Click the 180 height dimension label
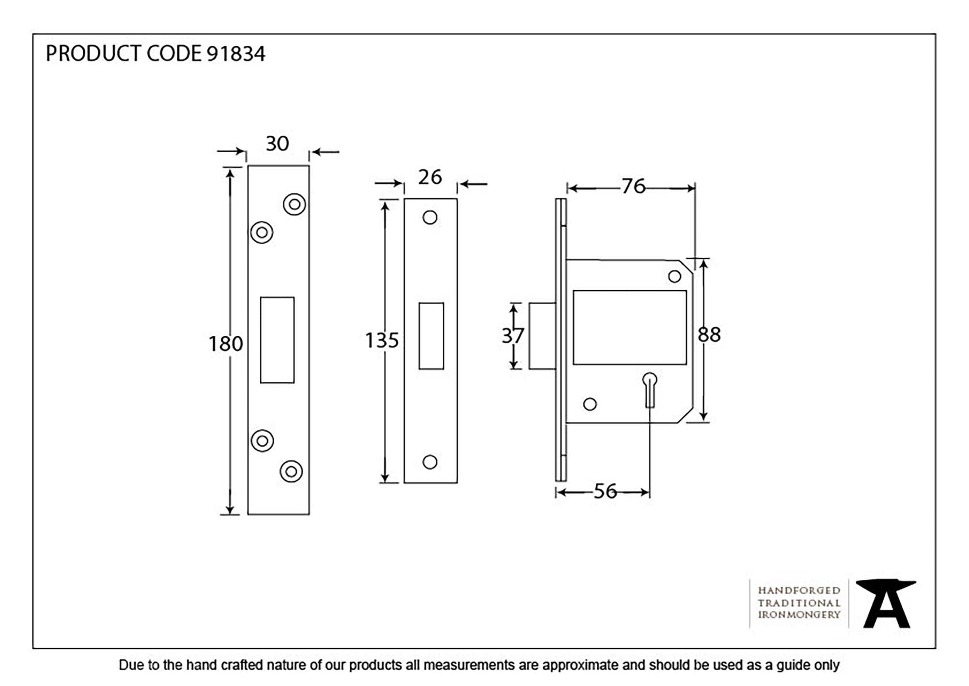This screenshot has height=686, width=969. click(x=225, y=344)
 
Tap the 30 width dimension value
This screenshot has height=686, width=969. click(x=277, y=143)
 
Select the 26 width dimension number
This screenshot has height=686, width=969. click(x=430, y=177)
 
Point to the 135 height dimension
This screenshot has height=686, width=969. click(x=382, y=341)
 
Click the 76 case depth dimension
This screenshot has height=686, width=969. click(x=633, y=187)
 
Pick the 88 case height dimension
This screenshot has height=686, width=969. click(x=709, y=335)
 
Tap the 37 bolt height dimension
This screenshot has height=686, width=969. click(x=513, y=336)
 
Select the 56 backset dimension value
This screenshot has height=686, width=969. click(x=605, y=492)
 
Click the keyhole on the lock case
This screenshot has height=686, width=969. click(x=650, y=388)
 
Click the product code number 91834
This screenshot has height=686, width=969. click(x=236, y=54)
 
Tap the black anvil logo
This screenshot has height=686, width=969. click(x=886, y=603)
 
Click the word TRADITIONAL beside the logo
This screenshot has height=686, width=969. click(x=799, y=603)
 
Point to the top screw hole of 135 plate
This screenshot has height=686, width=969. click(x=430, y=218)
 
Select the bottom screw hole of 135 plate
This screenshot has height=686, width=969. click(x=430, y=462)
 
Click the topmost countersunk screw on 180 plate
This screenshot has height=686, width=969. click(x=295, y=204)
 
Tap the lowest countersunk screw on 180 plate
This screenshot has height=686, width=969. click(x=291, y=471)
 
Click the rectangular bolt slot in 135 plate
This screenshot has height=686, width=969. click(x=431, y=336)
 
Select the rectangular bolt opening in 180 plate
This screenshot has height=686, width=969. click(x=277, y=340)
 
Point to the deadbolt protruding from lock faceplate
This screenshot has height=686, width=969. click(x=542, y=336)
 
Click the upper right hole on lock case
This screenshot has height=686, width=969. click(x=674, y=277)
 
